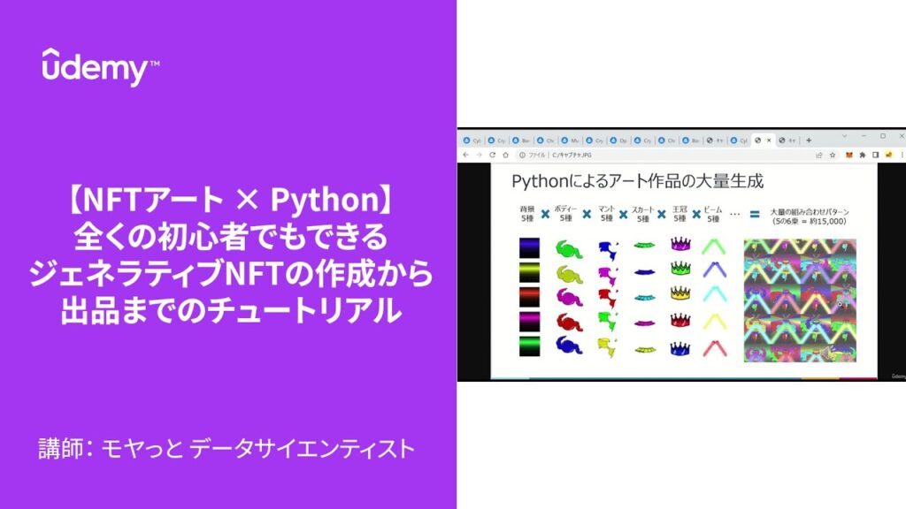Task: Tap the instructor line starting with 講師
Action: (226, 449)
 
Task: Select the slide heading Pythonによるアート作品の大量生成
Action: (638, 181)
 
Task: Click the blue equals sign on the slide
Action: (756, 214)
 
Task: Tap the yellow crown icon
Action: (679, 292)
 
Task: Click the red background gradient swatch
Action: (529, 294)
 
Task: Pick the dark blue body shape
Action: (567, 346)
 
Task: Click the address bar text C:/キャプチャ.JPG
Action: (575, 155)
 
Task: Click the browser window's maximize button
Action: (882, 136)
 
